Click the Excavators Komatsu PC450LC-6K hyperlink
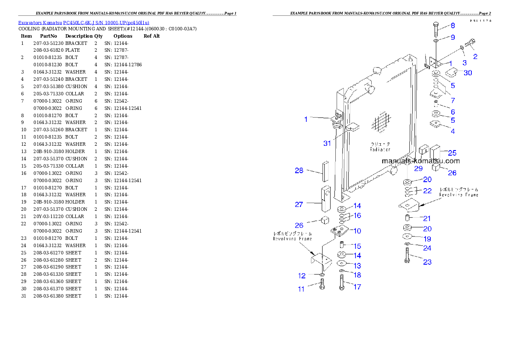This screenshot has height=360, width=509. pyautogui.click(x=83, y=23)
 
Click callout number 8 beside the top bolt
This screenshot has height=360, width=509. pyautogui.click(x=453, y=26)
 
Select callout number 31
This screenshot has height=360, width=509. pyautogui.click(x=327, y=143)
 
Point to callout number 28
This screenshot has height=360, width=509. pyautogui.click(x=299, y=171)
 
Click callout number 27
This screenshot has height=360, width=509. pyautogui.click(x=299, y=204)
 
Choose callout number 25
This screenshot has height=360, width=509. pyautogui.click(x=452, y=153)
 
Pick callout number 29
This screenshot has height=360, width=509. pyautogui.click(x=418, y=168)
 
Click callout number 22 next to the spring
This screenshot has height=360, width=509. pyautogui.click(x=427, y=191)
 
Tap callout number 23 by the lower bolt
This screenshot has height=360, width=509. pyautogui.click(x=427, y=262)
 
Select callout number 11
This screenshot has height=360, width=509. pyautogui.click(x=301, y=289)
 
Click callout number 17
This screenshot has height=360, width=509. pyautogui.click(x=357, y=287)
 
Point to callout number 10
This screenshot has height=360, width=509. pyautogui.click(x=357, y=231)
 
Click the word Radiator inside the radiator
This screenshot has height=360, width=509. pyautogui.click(x=380, y=150)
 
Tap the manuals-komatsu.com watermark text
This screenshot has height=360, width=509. pyautogui.click(x=420, y=161)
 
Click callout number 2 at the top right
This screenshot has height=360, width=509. pyautogui.click(x=475, y=56)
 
